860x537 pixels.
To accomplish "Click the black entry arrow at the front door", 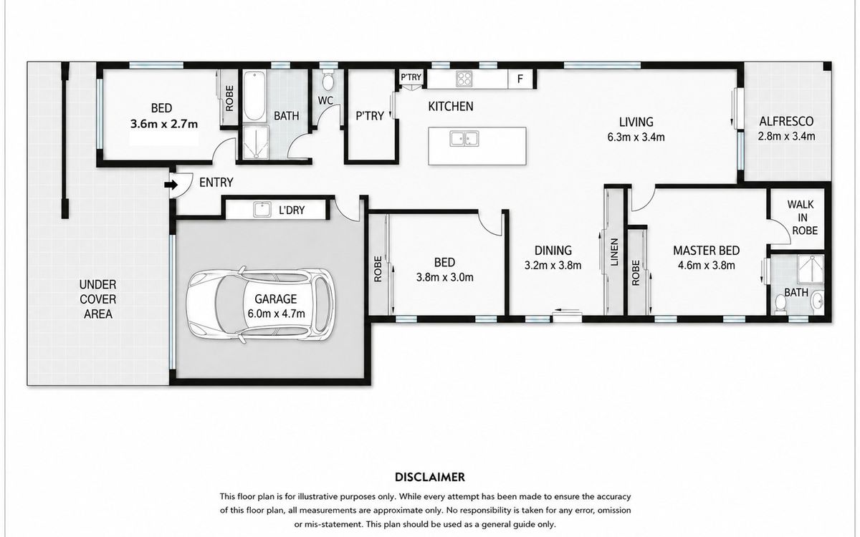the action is click(171, 185).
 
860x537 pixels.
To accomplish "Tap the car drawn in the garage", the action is click(261, 304).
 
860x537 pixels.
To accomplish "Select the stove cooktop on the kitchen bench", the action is click(464, 79).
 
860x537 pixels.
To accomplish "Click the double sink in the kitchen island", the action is click(464, 138).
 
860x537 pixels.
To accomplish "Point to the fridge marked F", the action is click(520, 79).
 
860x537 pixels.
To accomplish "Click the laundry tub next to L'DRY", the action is click(262, 210).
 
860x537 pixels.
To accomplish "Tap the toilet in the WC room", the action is click(328, 79).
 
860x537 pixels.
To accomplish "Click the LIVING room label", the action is click(636, 122).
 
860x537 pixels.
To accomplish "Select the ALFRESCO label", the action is click(786, 122).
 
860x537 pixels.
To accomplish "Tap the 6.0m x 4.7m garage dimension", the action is click(276, 314).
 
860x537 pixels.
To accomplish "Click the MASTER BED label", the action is click(706, 251).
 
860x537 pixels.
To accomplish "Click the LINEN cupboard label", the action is click(614, 252).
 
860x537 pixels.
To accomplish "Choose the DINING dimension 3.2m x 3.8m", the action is click(553, 266).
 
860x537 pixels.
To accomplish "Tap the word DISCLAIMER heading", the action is click(429, 477).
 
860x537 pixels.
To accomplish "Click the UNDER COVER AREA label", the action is click(98, 299).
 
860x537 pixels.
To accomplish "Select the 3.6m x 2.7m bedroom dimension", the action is click(164, 124).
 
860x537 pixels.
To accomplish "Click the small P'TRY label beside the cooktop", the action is click(411, 77).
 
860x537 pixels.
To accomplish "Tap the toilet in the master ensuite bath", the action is click(780, 304).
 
